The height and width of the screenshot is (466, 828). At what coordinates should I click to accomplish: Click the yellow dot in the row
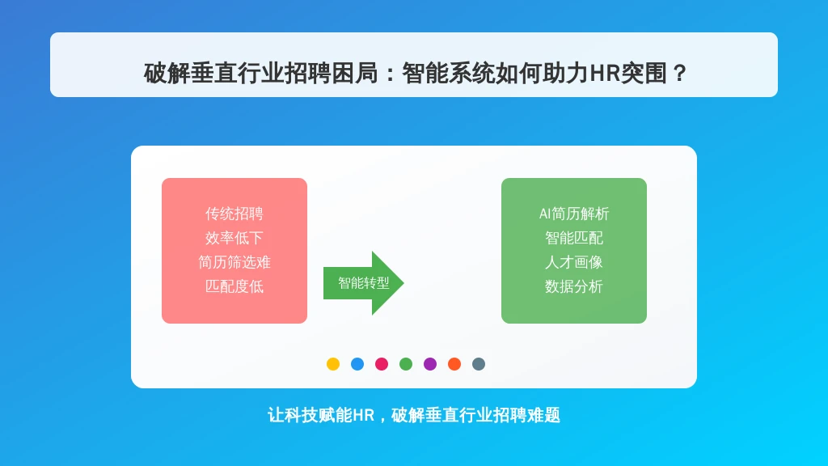pos(333,364)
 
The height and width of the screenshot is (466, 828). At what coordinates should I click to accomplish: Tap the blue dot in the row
pos(357,364)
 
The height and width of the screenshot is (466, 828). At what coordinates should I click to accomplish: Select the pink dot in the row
pos(382,364)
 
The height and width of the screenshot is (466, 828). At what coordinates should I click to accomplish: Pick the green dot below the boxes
pos(406,364)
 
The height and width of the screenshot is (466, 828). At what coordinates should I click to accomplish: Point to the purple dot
pos(430,364)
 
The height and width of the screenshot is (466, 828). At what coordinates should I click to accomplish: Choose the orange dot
pos(454,364)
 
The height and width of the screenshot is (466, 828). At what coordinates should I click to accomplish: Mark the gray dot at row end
pos(479,364)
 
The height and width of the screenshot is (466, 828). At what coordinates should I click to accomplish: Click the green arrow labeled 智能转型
pos(363,283)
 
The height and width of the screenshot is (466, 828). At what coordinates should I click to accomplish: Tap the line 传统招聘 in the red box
pos(234,214)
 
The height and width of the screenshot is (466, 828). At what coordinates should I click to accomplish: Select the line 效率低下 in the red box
pos(234,239)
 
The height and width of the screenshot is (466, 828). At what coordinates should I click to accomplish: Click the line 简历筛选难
pos(234,263)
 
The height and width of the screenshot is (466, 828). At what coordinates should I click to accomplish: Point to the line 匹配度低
pos(234,287)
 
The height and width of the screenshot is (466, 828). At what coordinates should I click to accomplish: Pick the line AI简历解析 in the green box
pos(574,214)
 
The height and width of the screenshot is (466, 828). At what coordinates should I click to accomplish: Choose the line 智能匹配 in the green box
pos(574,239)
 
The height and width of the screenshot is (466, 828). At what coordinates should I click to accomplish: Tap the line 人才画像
pos(574,263)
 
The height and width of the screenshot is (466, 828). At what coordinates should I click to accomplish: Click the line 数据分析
pos(574,287)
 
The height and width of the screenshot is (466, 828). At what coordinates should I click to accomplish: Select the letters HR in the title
pos(605,74)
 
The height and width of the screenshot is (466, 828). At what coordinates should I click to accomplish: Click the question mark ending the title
pos(680,74)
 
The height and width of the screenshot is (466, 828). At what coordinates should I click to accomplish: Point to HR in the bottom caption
pos(363,415)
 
